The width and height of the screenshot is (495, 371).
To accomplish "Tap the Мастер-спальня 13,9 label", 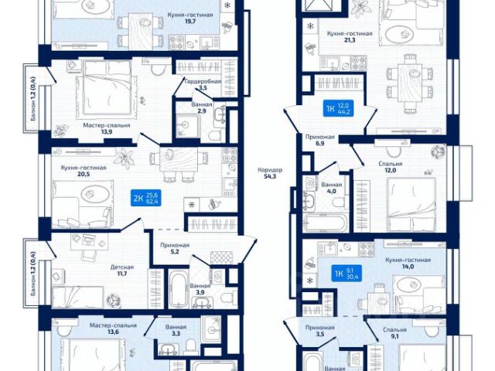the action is pos(106,128).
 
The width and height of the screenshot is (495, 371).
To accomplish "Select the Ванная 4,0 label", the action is pos(331,189).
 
